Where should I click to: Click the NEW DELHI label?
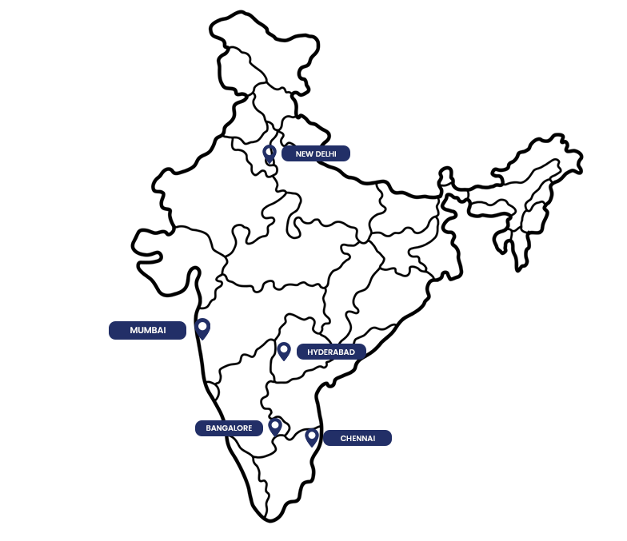tap(316, 153)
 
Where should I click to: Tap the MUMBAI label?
tap(147, 331)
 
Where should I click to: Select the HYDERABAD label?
tap(331, 352)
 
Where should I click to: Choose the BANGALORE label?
tap(229, 428)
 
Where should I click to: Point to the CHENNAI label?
tap(357, 438)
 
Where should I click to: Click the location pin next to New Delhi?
tap(270, 153)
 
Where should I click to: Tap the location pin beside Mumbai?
tap(203, 329)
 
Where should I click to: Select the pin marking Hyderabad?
tap(284, 351)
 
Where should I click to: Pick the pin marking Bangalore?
tap(275, 427)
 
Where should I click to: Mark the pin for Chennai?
tap(312, 438)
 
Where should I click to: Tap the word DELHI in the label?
tap(326, 153)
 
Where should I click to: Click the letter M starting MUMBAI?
tap(134, 331)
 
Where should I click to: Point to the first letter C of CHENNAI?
tap(343, 438)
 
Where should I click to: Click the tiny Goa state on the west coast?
tap(213, 391)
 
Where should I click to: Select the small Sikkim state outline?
tap(445, 177)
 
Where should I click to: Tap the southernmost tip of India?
tap(270, 521)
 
